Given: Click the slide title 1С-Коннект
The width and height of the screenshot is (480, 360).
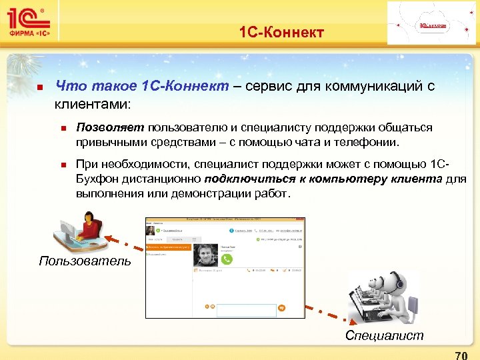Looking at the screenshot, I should point(281,31).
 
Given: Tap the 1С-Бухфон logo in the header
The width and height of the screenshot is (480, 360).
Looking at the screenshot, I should point(433,25).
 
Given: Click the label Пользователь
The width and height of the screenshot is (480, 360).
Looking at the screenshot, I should point(85,261).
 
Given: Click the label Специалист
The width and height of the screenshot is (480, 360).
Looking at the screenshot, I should point(384,335).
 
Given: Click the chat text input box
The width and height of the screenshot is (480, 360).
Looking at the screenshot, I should point(247,310).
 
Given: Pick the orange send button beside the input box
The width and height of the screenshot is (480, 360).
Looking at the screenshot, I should point(282,309).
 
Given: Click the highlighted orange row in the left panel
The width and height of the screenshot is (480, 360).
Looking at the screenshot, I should point(169,247).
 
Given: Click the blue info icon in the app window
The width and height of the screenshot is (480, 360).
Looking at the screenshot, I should point(231,230).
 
